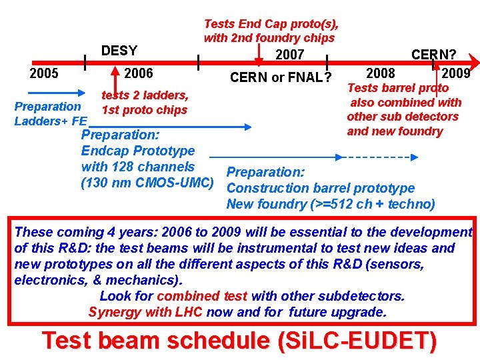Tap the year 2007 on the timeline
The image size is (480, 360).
(289, 55)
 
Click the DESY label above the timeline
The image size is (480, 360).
(119, 51)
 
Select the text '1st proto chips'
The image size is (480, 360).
(145, 110)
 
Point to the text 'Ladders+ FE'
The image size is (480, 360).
(51, 121)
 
